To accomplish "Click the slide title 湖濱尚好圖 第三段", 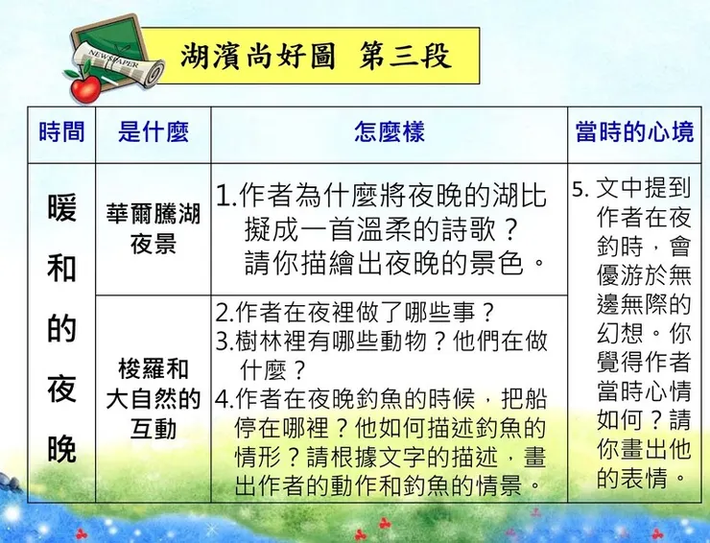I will [x=316, y=55].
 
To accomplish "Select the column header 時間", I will [x=61, y=131].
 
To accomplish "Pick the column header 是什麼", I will [x=154, y=131].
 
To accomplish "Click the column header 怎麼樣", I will [x=389, y=131].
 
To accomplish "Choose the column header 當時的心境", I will [x=634, y=131].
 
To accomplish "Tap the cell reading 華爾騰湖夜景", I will [x=154, y=228].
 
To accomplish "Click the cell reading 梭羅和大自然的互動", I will [x=154, y=398].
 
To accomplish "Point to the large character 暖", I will [x=61, y=208].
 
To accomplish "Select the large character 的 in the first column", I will [x=61, y=329].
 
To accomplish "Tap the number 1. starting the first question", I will [x=225, y=196].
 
